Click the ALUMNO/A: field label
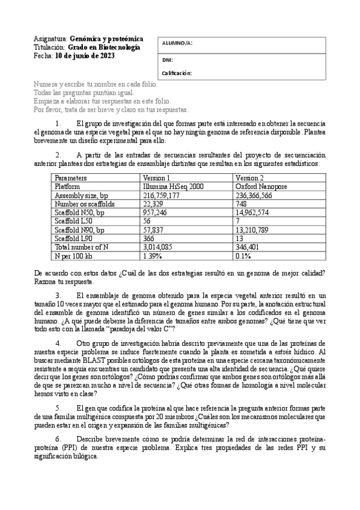click(177, 43)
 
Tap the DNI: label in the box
click(168, 60)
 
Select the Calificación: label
click(177, 73)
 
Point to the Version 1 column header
click(156, 178)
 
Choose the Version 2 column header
click(249, 178)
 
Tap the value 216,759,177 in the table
click(162, 195)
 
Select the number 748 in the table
click(242, 204)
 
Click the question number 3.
click(58, 295)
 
